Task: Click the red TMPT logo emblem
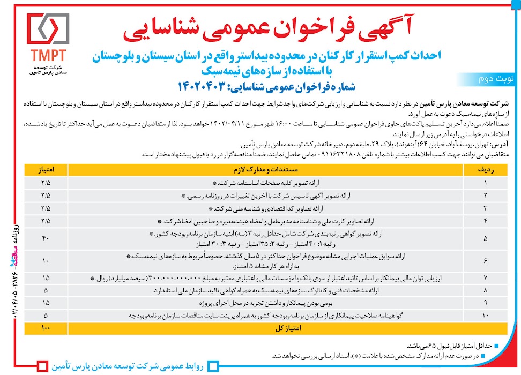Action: pos(48,28)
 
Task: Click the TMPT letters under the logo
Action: pos(48,56)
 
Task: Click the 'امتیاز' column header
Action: pos(46,169)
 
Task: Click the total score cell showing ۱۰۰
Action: pos(46,326)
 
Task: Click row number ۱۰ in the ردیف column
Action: pos(486,316)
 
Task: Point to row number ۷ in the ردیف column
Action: pos(486,278)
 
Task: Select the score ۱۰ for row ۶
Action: pos(46,260)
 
